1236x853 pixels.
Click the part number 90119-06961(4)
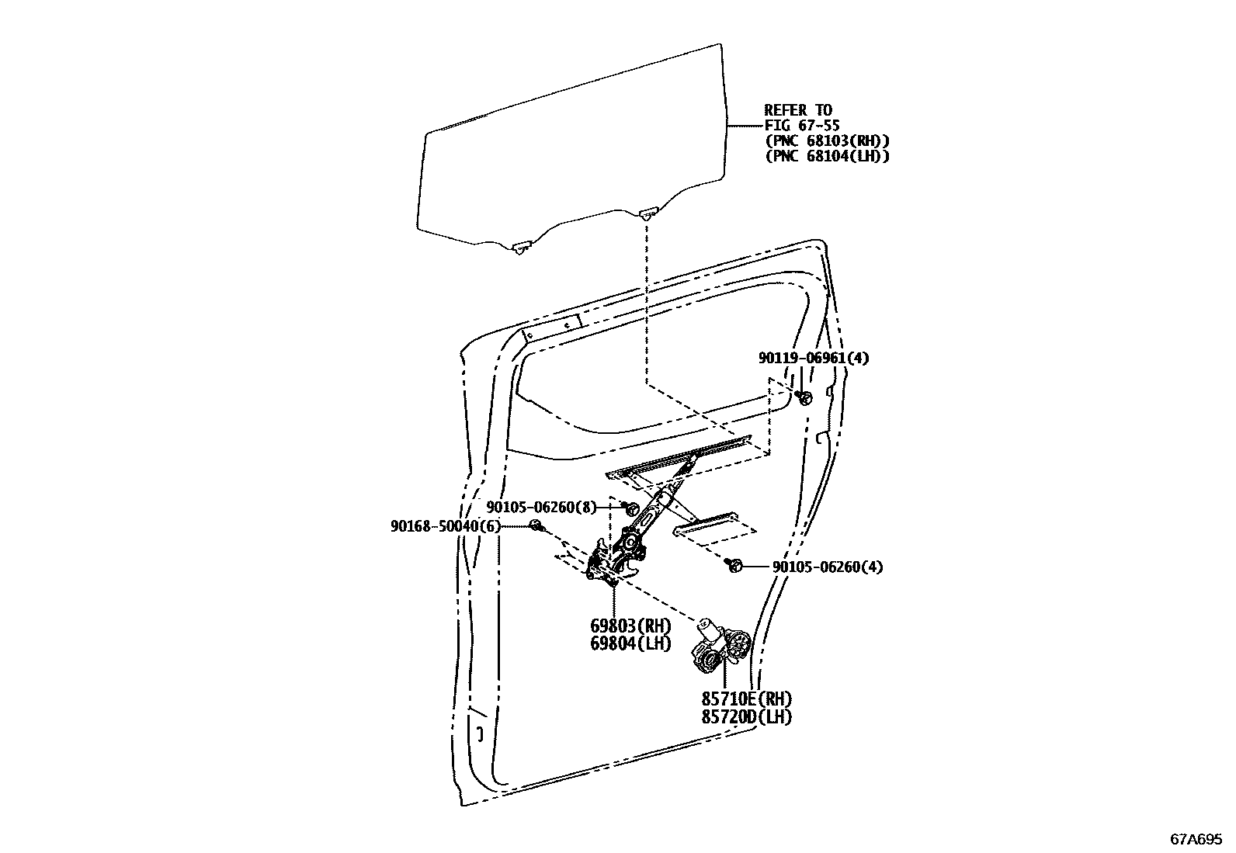pos(814,358)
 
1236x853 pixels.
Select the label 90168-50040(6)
pos(445,526)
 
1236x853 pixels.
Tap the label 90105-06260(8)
pos(542,508)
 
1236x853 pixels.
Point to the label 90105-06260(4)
pos(828,567)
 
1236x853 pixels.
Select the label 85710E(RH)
pos(747,699)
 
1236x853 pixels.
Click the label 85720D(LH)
pos(747,716)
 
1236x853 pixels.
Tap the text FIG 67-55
pos(802,125)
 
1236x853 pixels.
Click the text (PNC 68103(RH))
pos(827,140)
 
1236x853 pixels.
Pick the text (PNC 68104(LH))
pos(827,156)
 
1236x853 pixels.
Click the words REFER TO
pos(798,110)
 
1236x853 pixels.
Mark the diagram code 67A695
pos(1196,839)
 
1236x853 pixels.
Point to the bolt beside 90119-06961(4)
pos(805,398)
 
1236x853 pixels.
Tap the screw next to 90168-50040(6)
pos(536,527)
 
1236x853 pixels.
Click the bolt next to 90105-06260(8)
pos(631,508)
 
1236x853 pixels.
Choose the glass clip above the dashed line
pos(648,212)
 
